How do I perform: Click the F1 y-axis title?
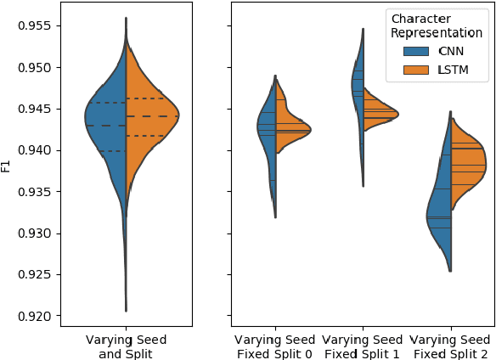[x=7, y=166]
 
